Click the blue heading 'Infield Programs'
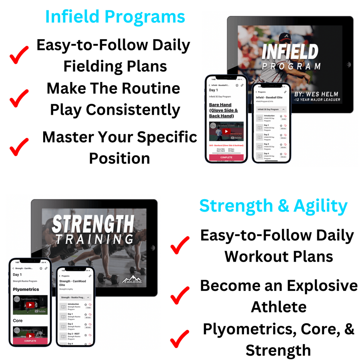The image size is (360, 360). [115, 17]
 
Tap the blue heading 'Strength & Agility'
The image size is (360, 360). [274, 206]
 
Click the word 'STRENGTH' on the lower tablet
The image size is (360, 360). [93, 224]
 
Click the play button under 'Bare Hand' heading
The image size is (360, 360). [227, 131]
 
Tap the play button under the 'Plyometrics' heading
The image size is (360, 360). [30, 305]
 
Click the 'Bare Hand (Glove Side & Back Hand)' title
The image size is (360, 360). [224, 110]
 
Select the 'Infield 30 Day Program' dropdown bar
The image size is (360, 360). [271, 109]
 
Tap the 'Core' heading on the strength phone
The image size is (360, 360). [18, 320]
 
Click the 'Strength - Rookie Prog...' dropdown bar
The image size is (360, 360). [75, 298]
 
